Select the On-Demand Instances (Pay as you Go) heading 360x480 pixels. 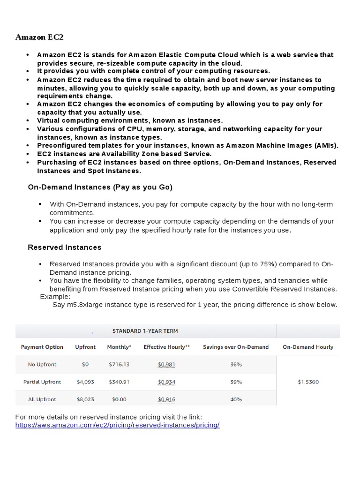click(x=100, y=187)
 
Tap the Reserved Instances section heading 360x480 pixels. click(x=65, y=247)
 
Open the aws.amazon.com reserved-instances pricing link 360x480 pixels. click(x=117, y=425)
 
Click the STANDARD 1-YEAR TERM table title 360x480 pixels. click(x=145, y=331)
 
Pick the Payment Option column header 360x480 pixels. click(x=42, y=347)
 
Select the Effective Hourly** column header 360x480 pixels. click(x=166, y=347)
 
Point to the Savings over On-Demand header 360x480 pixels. click(x=236, y=347)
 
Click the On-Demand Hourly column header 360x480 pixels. click(x=308, y=347)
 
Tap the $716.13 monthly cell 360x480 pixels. click(x=119, y=364)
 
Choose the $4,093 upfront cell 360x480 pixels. click(x=85, y=382)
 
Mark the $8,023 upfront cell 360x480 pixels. click(x=85, y=399)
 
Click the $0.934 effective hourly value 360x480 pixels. click(x=166, y=382)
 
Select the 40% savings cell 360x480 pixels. click(x=236, y=399)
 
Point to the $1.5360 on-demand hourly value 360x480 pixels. click(x=308, y=382)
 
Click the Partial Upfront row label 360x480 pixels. click(x=42, y=382)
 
